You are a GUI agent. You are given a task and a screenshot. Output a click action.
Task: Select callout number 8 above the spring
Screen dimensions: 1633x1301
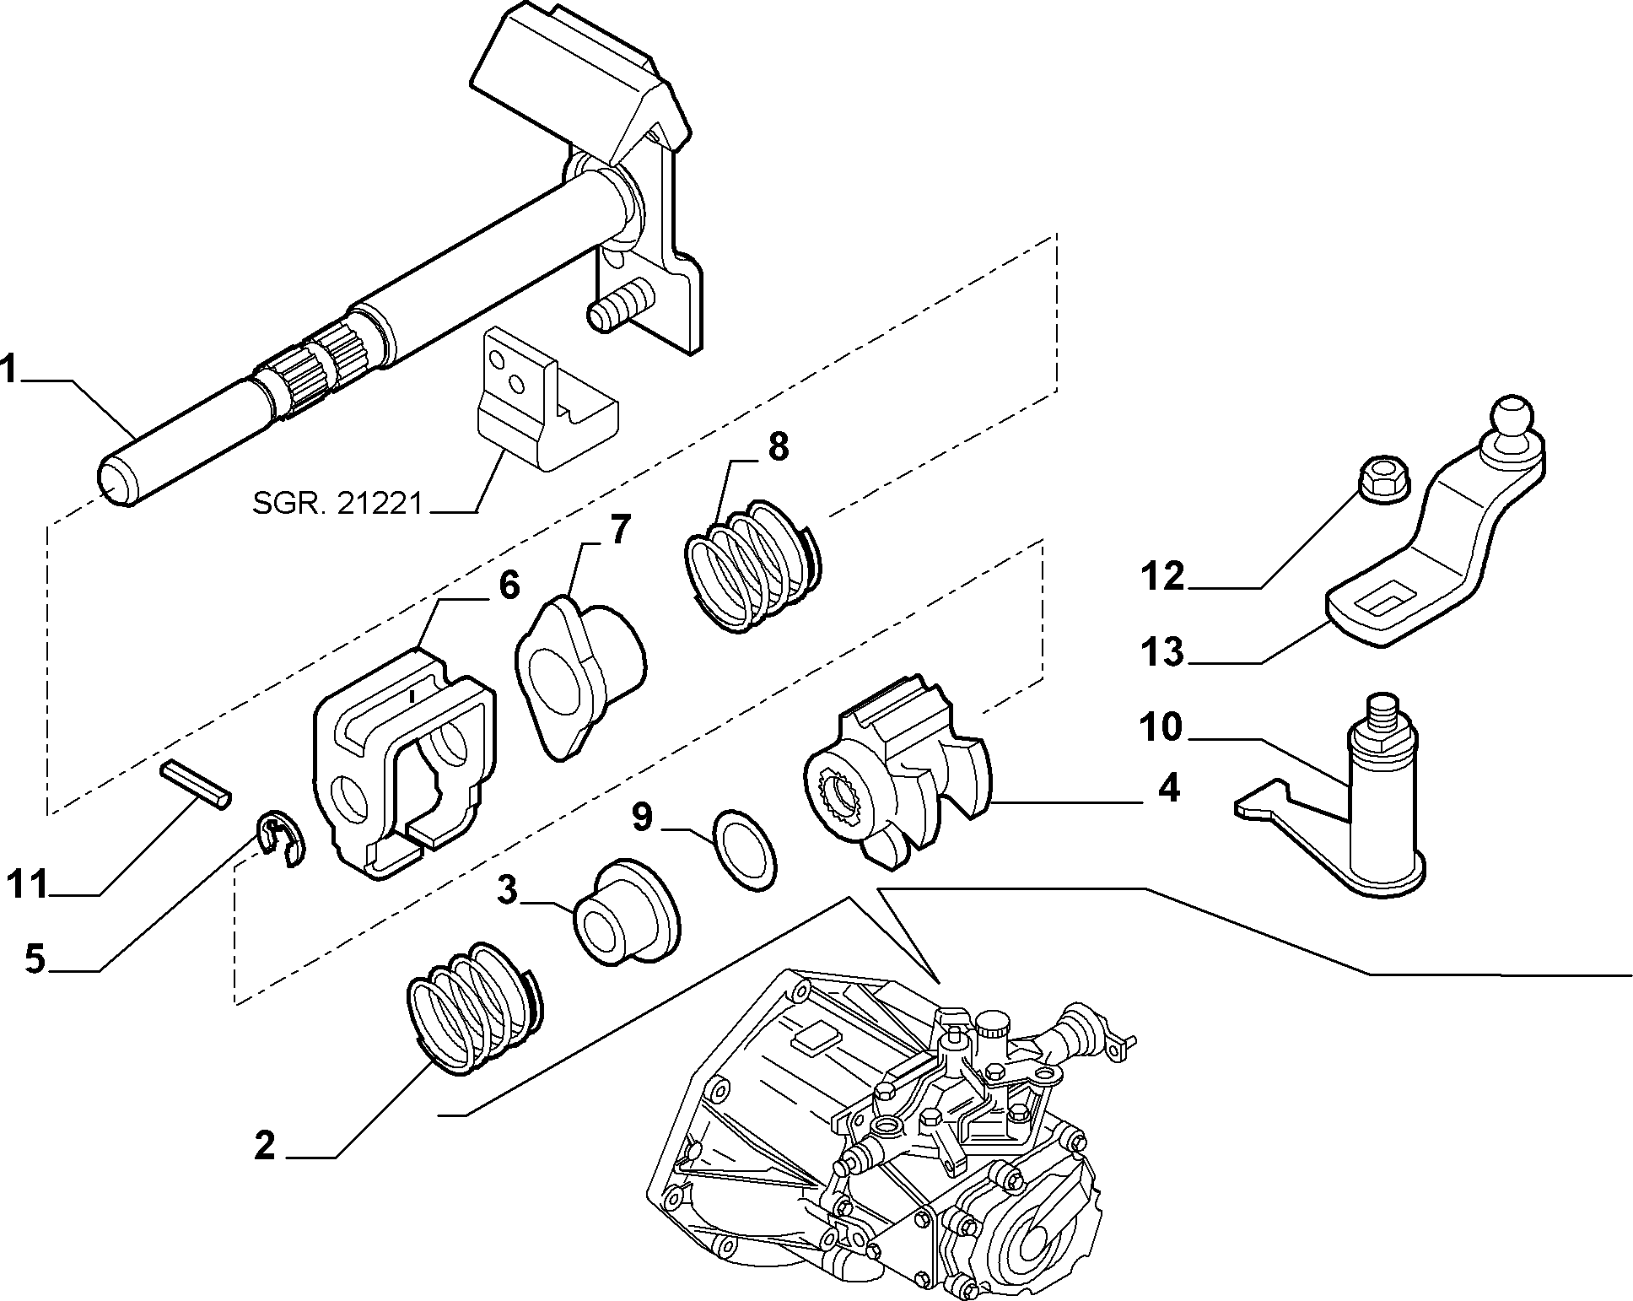coord(777,446)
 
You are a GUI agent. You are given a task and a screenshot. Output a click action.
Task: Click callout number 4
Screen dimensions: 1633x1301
coord(1168,789)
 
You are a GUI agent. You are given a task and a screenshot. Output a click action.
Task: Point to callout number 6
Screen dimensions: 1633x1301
coord(509,584)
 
